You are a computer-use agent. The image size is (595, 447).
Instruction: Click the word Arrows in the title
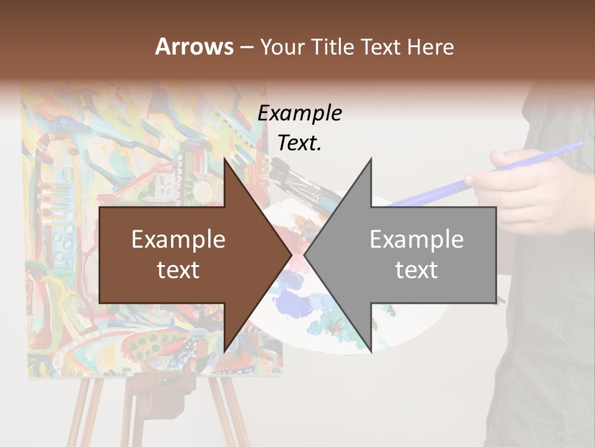pos(194,47)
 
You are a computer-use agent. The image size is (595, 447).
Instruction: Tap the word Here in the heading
pos(430,47)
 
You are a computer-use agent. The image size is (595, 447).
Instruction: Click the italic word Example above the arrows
pos(299,114)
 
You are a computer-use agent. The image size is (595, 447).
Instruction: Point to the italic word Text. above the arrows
pos(299,143)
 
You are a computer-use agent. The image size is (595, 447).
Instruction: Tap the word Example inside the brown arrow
pos(178,240)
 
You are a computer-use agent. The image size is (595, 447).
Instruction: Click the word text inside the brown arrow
pos(178,269)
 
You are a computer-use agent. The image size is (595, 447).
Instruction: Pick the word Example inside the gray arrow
pos(416,240)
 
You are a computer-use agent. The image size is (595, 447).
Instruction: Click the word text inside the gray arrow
pos(416,269)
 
